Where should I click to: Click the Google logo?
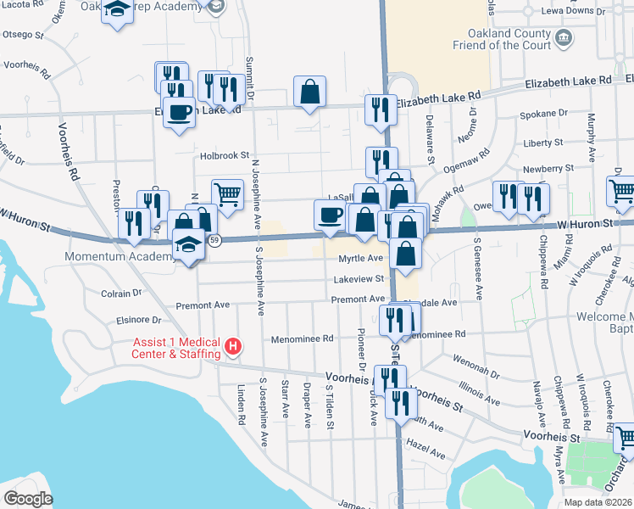click(x=27, y=498)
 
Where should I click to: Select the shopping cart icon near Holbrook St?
click(x=227, y=194)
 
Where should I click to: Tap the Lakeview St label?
click(x=359, y=278)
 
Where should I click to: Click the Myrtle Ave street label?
click(x=361, y=258)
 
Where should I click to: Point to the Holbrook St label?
click(x=224, y=155)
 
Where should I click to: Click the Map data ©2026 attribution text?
click(x=598, y=502)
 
